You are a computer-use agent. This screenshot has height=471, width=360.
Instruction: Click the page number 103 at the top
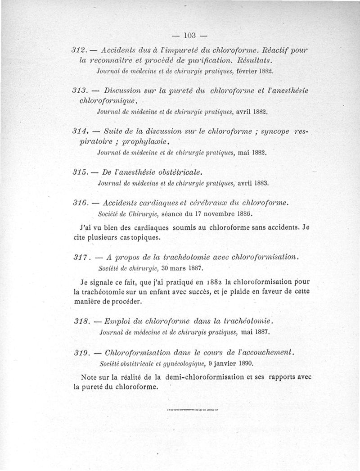tap(189, 35)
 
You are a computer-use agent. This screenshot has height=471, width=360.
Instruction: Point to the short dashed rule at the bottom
tap(192, 410)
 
